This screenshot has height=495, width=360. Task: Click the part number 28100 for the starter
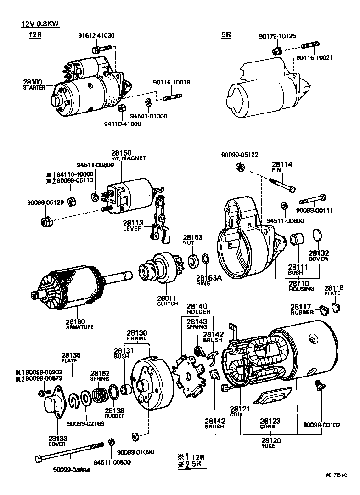(33, 82)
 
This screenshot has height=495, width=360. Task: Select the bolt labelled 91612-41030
(101, 48)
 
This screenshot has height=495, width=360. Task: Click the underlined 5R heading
(226, 35)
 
